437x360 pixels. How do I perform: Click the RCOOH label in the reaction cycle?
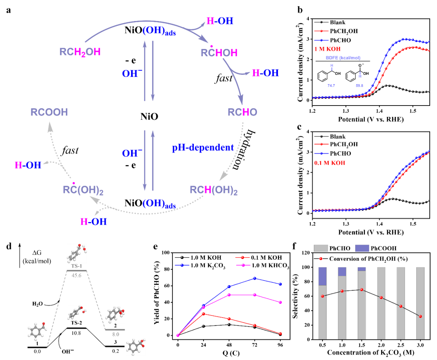[x=49, y=112]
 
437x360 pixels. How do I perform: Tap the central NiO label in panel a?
[x=149, y=116]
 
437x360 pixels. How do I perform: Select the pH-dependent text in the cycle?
[x=203, y=147]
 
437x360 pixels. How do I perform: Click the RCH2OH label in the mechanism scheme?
[x=80, y=52]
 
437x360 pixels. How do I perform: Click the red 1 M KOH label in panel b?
[x=327, y=49]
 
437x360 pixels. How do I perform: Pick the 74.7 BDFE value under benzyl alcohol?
[x=331, y=85]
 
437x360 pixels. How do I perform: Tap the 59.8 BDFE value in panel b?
[x=360, y=85]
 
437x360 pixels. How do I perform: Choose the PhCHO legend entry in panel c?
[x=333, y=154]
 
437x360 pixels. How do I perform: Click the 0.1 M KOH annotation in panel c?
[x=330, y=163]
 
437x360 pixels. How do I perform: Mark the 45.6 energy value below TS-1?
[x=76, y=275]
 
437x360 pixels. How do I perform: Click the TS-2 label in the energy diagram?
[x=76, y=323]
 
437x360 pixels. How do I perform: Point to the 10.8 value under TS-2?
[x=76, y=333]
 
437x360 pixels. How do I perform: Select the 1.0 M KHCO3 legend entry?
[x=263, y=265]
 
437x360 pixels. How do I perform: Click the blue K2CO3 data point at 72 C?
[x=255, y=278]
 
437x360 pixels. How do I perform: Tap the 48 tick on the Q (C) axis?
[x=229, y=345]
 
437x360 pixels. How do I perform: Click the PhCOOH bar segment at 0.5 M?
[x=322, y=276]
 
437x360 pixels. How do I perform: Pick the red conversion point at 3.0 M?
[x=420, y=316]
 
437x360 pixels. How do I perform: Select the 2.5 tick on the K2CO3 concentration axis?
[x=401, y=345]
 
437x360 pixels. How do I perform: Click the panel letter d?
[x=9, y=246]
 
